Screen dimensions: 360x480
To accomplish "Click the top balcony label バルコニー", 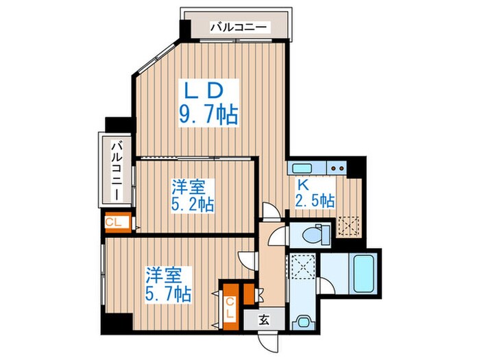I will (x=240, y=28).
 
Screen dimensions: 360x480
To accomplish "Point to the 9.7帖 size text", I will (x=208, y=114).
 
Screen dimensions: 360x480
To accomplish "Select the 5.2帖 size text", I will (x=192, y=204).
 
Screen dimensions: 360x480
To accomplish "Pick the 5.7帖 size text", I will (x=167, y=293).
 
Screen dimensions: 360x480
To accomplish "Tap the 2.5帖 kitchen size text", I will (x=316, y=202).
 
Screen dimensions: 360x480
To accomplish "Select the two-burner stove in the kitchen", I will (x=336, y=167).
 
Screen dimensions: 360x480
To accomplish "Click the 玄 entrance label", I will (x=264, y=318).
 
